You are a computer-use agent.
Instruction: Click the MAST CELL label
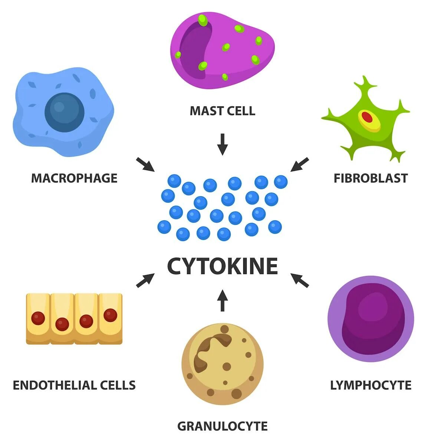click(x=222, y=111)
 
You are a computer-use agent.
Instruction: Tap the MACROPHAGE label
click(x=74, y=178)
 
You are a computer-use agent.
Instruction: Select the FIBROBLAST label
click(x=370, y=178)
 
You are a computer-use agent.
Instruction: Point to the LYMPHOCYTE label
click(x=371, y=385)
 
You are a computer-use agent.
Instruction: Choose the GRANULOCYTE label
click(x=222, y=426)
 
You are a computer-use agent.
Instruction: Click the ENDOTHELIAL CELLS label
click(x=74, y=385)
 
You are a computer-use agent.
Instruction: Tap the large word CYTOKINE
click(x=222, y=266)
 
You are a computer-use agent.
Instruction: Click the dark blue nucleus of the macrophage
click(x=65, y=112)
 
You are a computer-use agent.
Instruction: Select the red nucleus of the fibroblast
click(x=367, y=117)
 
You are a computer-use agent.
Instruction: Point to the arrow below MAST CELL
click(x=222, y=144)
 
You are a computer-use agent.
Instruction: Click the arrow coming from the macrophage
click(x=145, y=164)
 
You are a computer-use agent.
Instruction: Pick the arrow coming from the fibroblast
click(x=300, y=164)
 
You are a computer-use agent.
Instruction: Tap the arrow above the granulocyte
click(x=222, y=300)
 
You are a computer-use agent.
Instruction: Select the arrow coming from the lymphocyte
click(x=300, y=280)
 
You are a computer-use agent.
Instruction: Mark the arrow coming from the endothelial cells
click(x=145, y=280)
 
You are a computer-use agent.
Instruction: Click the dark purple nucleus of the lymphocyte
click(x=373, y=319)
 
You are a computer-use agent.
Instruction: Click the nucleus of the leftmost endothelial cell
click(x=38, y=318)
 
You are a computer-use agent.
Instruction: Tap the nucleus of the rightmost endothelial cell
click(x=110, y=315)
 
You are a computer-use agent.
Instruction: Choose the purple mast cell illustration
click(x=222, y=50)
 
